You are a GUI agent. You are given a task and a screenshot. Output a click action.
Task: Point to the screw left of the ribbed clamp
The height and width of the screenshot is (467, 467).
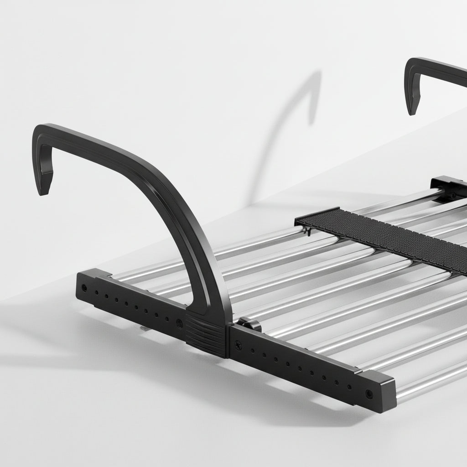179,323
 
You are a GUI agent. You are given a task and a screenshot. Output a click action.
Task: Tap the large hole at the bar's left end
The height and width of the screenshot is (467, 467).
84,288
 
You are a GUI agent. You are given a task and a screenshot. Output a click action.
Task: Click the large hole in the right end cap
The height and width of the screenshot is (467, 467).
368,393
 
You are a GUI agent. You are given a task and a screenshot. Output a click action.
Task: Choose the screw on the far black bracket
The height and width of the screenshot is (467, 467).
452,195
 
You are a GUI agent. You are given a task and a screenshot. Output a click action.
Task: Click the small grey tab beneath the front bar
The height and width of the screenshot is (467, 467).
143,327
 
